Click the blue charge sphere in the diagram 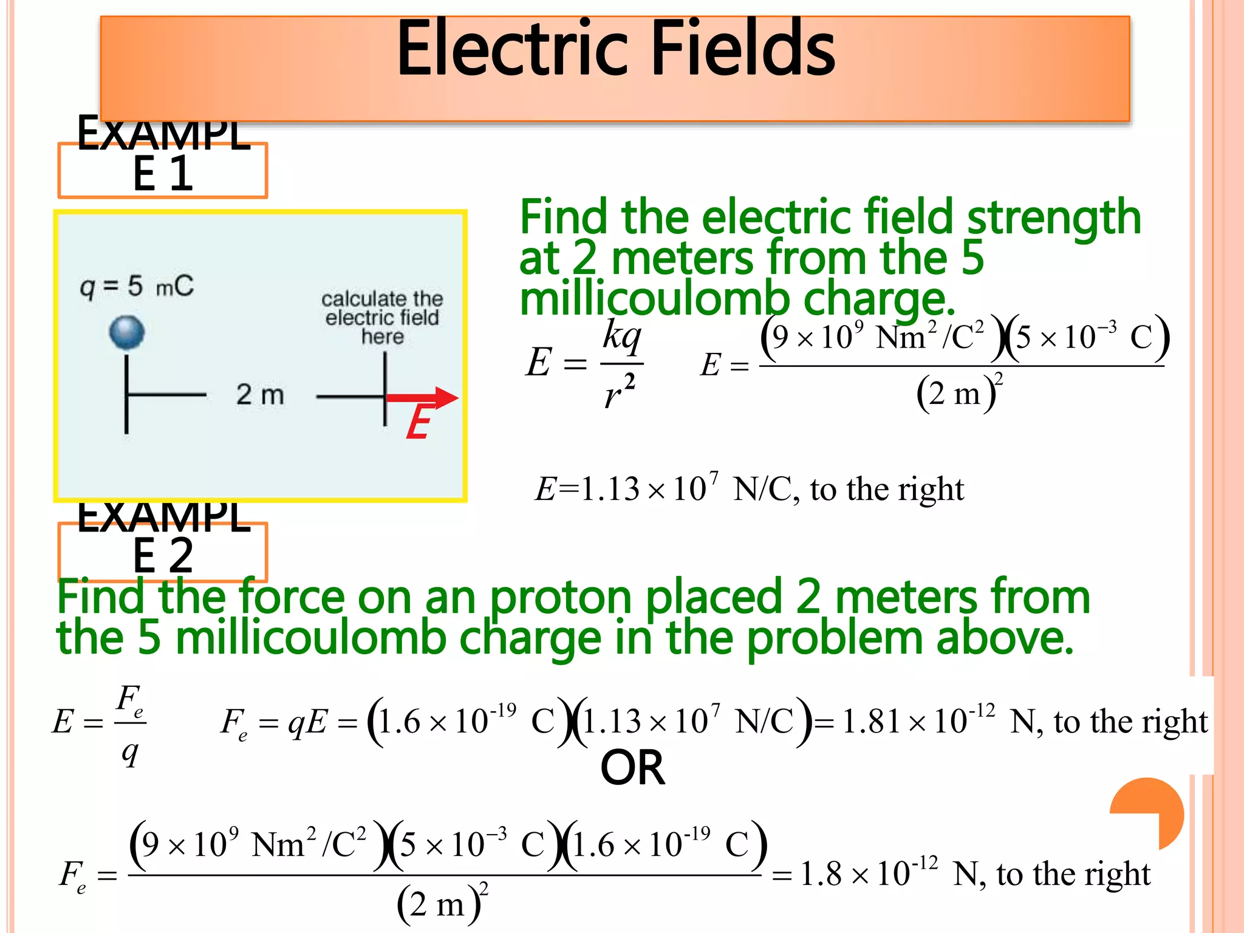[x=127, y=332]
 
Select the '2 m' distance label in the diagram [x=260, y=395]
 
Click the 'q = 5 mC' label [x=137, y=286]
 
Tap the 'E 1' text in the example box [x=163, y=174]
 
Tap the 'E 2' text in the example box [x=163, y=555]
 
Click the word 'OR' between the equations [x=632, y=768]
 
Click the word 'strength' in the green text [x=1054, y=217]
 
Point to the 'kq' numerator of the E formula [x=621, y=335]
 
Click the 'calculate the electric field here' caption [x=382, y=318]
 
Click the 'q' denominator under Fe [x=130, y=753]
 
